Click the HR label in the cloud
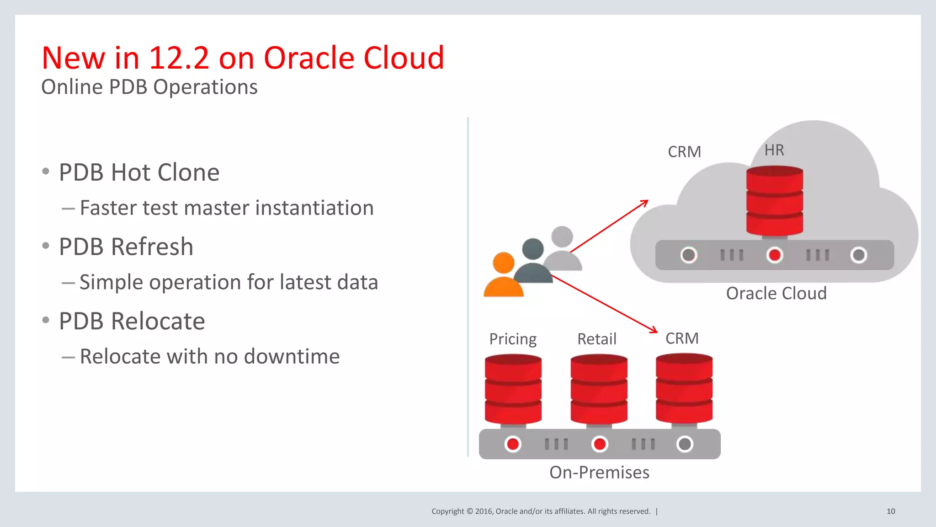coord(774,150)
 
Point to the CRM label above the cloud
coord(684,152)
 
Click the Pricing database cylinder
coord(513,390)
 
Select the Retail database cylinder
coord(599,390)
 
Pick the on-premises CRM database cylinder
coord(684,388)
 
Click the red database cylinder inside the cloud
coord(775,201)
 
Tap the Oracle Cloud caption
coord(776,293)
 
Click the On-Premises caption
coord(599,472)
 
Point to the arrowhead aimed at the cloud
coord(645,202)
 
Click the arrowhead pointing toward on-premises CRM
coord(654,330)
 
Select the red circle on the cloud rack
coord(775,255)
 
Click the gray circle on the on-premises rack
coord(685,444)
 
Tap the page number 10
coord(891,511)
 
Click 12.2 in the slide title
coord(179,58)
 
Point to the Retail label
coord(596,339)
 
